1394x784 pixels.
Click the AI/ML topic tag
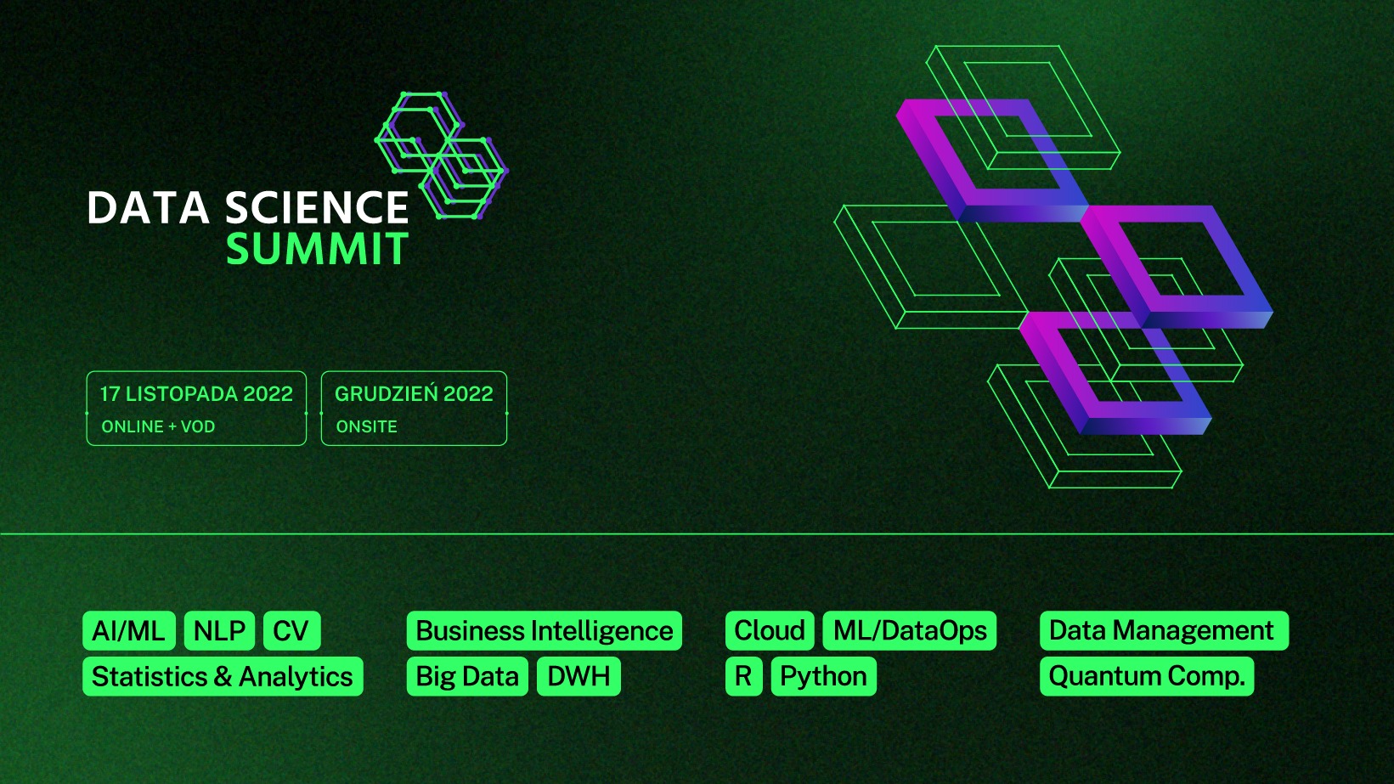pos(129,631)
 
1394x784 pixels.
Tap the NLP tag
pos(219,631)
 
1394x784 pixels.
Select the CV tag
pos(292,631)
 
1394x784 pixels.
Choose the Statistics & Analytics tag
pos(223,676)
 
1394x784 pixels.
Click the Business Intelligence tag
pos(545,631)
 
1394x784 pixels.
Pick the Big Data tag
pos(467,676)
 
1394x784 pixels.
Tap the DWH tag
pos(578,676)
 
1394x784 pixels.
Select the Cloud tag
pos(770,631)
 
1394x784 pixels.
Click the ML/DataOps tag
pos(910,631)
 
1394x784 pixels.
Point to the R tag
pos(743,676)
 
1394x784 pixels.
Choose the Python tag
pos(824,676)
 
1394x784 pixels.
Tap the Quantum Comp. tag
pos(1147,676)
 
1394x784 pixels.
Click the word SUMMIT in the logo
pos(318,249)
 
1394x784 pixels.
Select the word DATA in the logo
pos(149,207)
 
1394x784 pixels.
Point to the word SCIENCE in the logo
pos(317,207)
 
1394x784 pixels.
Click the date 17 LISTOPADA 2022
pos(196,394)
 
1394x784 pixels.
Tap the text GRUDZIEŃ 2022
pos(414,393)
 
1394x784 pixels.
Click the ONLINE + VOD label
pos(158,427)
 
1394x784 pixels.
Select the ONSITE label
pos(366,427)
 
